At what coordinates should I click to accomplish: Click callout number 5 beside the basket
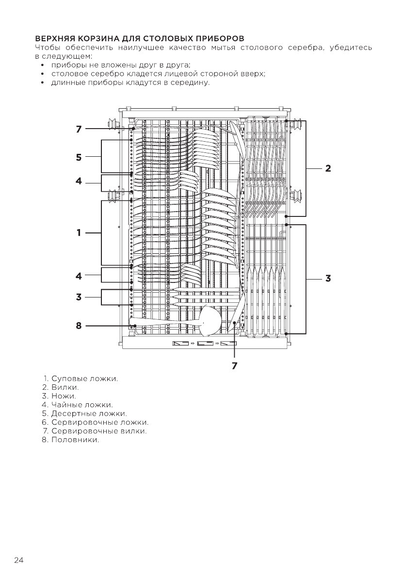tap(78, 157)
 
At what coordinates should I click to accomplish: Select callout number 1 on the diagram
tap(78, 233)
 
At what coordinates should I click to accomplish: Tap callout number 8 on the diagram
tap(78, 326)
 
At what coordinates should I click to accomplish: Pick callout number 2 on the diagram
tap(328, 168)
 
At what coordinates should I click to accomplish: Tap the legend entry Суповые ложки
tap(84, 379)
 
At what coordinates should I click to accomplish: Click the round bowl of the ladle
tap(210, 322)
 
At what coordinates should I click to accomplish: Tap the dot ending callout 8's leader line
tap(135, 326)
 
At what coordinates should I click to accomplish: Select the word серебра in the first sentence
tap(304, 47)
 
